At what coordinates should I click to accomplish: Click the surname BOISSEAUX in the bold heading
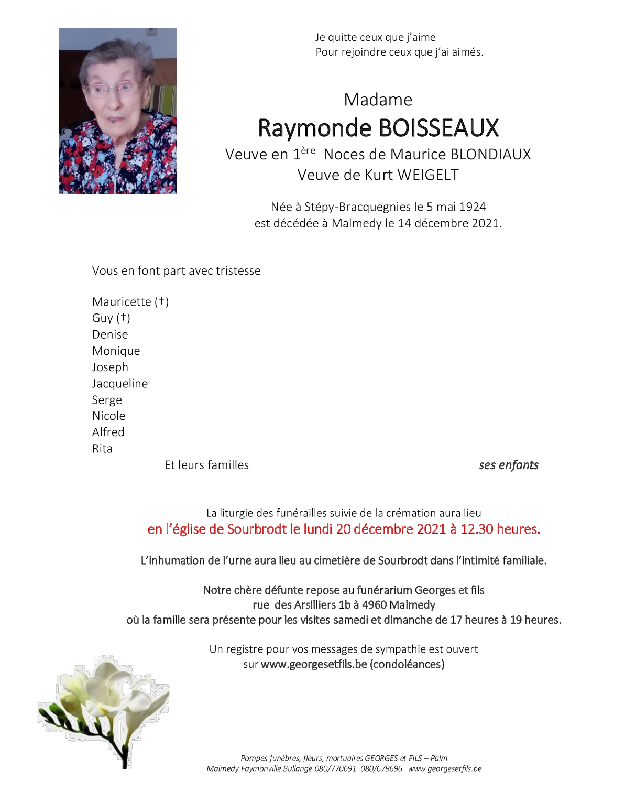[x=438, y=128]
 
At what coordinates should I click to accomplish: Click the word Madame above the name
[x=378, y=100]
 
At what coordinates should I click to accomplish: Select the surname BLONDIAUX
[x=490, y=155]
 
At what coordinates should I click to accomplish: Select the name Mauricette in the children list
[x=122, y=302]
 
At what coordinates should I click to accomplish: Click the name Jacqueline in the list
[x=120, y=384]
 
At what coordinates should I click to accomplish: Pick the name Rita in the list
[x=102, y=449]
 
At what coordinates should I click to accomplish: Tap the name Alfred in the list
[x=108, y=432]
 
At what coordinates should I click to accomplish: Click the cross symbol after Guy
[x=123, y=318]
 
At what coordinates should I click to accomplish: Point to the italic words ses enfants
[x=508, y=465]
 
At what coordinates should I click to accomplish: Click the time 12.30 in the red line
[x=477, y=529]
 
